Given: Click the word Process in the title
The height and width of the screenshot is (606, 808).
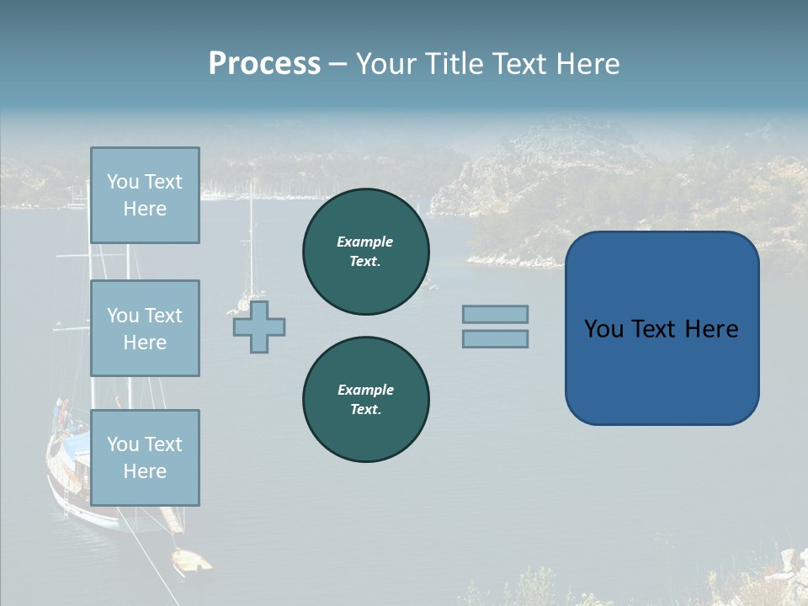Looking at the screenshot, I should [264, 64].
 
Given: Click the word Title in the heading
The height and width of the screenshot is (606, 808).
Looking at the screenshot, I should [454, 64].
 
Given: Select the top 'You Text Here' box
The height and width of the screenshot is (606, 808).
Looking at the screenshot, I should [145, 195].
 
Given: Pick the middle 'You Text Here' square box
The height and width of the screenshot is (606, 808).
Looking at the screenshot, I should [145, 328].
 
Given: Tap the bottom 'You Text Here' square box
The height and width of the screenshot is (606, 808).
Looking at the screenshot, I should [145, 458].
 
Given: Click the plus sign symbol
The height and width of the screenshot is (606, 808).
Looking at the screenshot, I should [259, 327].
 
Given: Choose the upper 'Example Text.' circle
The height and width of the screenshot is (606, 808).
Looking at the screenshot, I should [366, 252].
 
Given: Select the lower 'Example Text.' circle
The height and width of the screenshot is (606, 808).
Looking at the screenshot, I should [366, 400].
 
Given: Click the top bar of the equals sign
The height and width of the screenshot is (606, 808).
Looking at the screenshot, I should [495, 315].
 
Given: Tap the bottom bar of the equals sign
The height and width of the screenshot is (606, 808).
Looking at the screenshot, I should [495, 339].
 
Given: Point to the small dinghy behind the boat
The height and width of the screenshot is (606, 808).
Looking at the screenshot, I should [191, 560].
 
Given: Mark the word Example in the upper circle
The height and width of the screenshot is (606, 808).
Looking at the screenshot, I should [365, 242].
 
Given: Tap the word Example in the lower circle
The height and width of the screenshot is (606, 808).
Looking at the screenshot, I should [365, 390].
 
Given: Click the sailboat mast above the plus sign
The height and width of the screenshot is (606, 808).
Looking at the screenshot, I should [251, 236].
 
